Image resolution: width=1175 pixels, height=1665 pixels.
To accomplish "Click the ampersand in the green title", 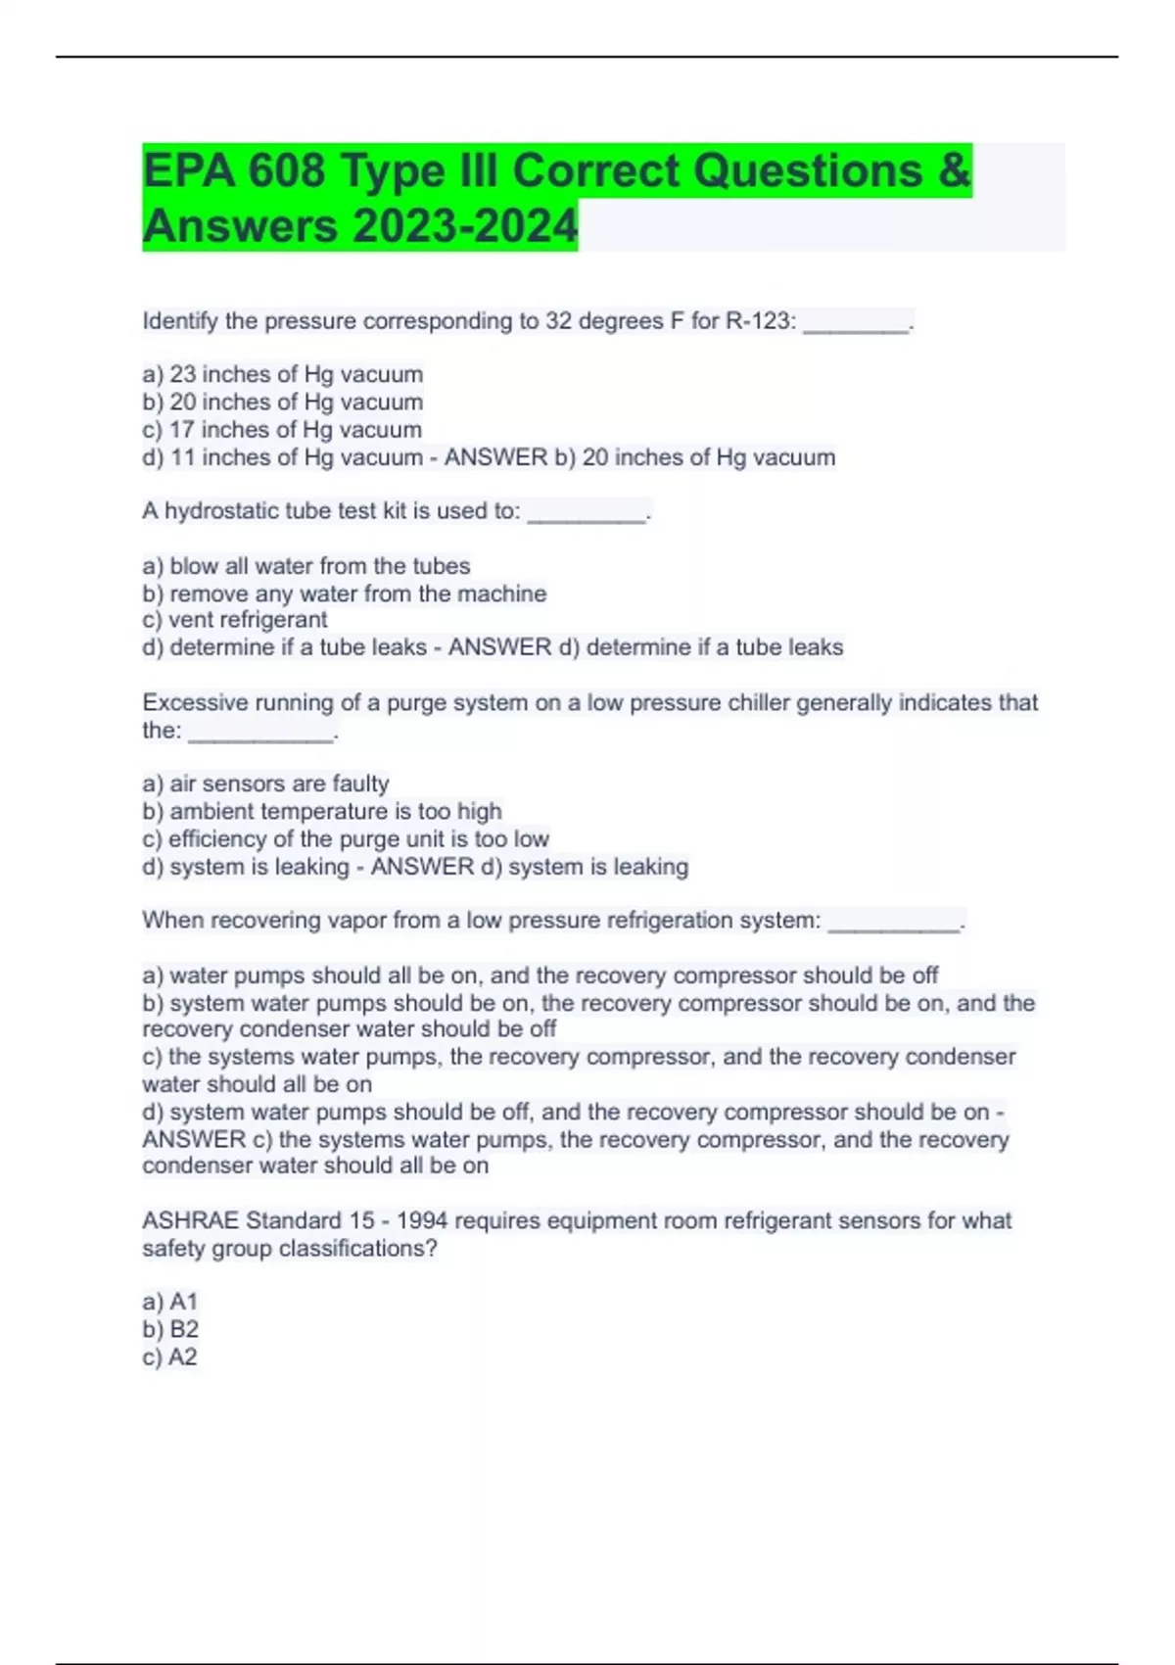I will pyautogui.click(x=954, y=170).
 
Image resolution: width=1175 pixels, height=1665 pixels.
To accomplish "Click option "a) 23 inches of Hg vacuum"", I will pyautogui.click(x=283, y=374).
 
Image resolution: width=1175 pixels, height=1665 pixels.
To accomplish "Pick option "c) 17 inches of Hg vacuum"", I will pyautogui.click(x=282, y=430).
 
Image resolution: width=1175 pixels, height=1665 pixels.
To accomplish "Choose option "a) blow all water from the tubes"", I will pyautogui.click(x=306, y=566).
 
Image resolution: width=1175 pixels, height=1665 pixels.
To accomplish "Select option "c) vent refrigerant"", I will pyautogui.click(x=235, y=620).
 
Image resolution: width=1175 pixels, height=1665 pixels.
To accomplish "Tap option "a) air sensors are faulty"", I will pyautogui.click(x=265, y=784).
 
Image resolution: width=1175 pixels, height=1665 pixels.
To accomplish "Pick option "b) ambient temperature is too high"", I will pyautogui.click(x=322, y=811).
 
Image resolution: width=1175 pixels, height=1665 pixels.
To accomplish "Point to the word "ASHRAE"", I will pyautogui.click(x=190, y=1220).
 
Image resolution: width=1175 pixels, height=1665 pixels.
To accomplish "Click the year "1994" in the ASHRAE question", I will pyautogui.click(x=422, y=1220).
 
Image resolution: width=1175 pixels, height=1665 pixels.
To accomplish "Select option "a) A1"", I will pyautogui.click(x=170, y=1302).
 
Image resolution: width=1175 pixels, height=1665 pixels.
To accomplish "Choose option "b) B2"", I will pyautogui.click(x=170, y=1329).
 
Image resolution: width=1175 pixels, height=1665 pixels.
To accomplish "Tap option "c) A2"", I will pyautogui.click(x=170, y=1357).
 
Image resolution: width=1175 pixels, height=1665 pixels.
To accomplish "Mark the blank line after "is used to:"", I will pyautogui.click(x=587, y=516).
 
